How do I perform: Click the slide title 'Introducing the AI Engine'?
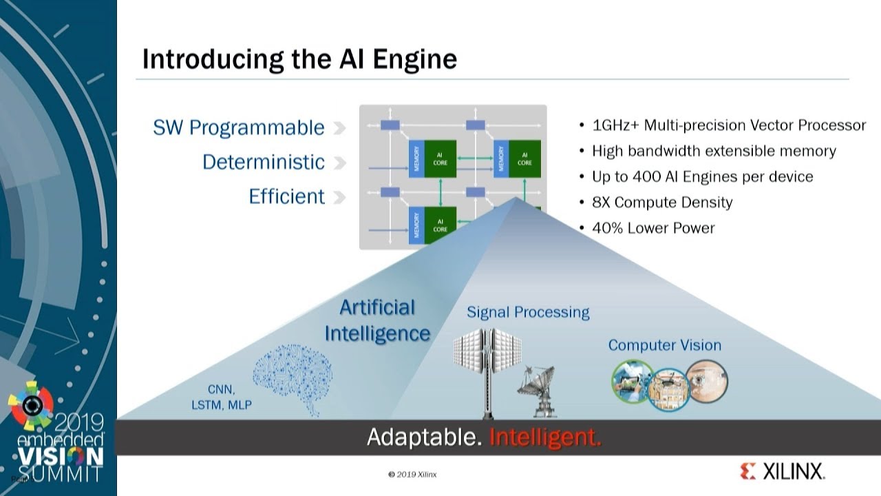pos(299,59)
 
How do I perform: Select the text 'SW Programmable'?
pos(238,127)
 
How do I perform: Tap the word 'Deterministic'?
pos(263,162)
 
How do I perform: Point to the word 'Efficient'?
pos(286,196)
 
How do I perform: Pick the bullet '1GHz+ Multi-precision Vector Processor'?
pos(728,125)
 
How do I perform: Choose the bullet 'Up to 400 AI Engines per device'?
pos(702,176)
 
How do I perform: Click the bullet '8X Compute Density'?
pos(661,202)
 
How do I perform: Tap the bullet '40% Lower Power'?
pos(652,227)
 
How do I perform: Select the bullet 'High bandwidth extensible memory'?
pos(714,151)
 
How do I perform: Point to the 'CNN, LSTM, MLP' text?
pos(221,397)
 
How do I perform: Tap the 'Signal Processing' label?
pos(528,312)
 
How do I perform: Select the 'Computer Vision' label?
pos(664,345)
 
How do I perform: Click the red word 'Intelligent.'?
pos(545,437)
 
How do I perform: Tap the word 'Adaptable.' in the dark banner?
pos(424,437)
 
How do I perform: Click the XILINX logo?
pos(783,472)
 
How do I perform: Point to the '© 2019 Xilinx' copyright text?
pos(412,474)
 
